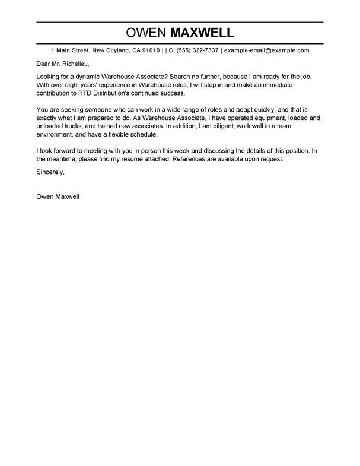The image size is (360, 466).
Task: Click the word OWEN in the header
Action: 145,32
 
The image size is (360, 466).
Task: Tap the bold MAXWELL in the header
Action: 201,32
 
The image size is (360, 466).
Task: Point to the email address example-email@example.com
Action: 267,51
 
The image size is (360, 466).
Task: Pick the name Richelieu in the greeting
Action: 75,64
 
